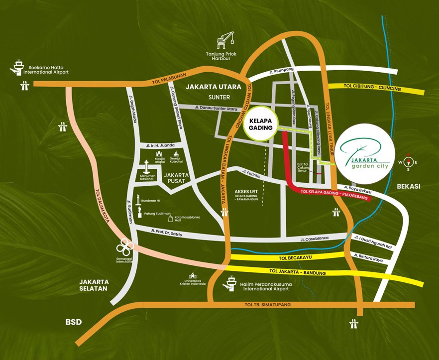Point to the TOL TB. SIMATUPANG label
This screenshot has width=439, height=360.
[x=267, y=304]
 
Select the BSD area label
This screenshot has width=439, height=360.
[x=73, y=322]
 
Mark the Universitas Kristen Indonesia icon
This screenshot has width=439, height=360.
[x=192, y=275]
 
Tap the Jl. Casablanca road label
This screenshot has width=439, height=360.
[x=315, y=239]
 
